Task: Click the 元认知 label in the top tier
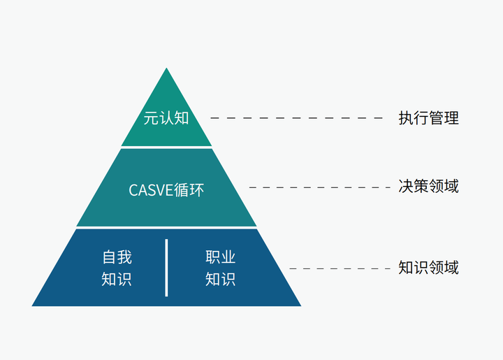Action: (x=166, y=118)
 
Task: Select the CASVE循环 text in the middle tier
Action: (x=166, y=189)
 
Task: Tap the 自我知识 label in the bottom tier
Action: (x=117, y=268)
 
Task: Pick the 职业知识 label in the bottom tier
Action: (x=220, y=268)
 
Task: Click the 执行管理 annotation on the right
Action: (x=428, y=118)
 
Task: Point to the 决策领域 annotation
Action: (x=428, y=187)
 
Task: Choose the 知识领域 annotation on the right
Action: (x=428, y=268)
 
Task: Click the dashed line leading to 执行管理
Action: (x=297, y=118)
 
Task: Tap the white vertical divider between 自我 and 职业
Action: (x=166, y=268)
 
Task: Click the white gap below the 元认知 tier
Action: (x=166, y=147)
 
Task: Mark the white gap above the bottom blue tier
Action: (x=166, y=228)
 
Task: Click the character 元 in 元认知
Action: (x=151, y=118)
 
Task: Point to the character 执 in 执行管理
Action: (x=406, y=118)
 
